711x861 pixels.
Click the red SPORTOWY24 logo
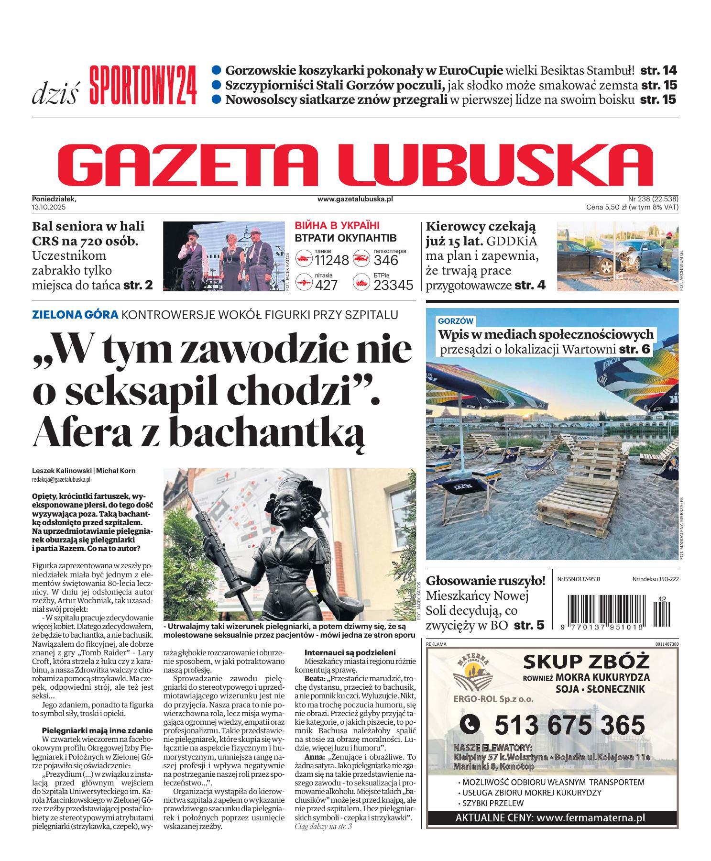coord(143,86)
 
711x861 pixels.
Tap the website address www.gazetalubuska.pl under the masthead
coord(355,199)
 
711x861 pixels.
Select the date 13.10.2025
coord(49,207)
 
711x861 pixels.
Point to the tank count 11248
coord(332,260)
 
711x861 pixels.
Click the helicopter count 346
coord(386,260)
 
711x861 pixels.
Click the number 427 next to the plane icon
coord(326,285)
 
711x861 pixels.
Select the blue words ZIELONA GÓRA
coord(75,315)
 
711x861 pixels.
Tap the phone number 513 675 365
coord(569,725)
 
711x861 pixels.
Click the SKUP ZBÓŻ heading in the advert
coord(586,662)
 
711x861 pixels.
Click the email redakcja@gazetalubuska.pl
coord(61,479)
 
